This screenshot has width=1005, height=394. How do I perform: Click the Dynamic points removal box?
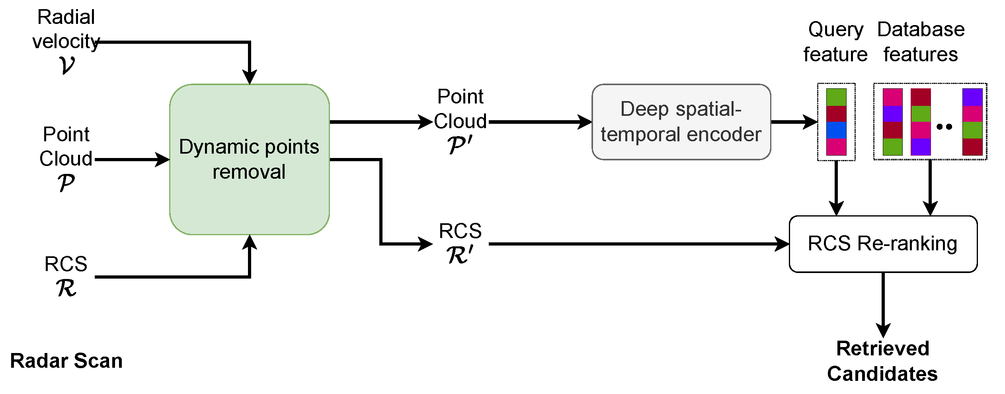(x=249, y=159)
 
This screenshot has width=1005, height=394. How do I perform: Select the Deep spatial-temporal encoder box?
(x=681, y=122)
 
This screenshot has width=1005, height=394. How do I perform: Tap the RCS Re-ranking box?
(x=883, y=244)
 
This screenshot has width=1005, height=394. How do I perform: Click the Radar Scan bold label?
(x=66, y=361)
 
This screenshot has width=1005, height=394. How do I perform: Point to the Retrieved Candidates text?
(x=882, y=361)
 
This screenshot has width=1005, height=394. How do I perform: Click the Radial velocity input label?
(x=66, y=29)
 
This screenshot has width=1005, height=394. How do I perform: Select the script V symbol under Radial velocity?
(x=66, y=65)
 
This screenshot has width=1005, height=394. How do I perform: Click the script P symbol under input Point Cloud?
(x=66, y=183)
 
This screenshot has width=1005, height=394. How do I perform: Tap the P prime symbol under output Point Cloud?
(x=460, y=145)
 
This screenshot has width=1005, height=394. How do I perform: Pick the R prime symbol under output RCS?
(x=460, y=255)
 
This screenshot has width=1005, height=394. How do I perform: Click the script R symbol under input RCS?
(x=66, y=288)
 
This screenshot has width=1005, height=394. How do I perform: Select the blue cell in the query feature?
(x=836, y=130)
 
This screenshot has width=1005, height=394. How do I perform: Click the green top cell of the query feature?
(x=836, y=97)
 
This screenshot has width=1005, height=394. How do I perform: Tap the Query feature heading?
(x=835, y=42)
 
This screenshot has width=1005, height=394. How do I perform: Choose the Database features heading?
(x=921, y=42)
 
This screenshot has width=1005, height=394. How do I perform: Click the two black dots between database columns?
(x=944, y=127)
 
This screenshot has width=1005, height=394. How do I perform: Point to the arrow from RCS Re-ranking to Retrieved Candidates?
(x=883, y=304)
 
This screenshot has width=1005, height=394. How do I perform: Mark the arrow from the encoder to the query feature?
(x=794, y=122)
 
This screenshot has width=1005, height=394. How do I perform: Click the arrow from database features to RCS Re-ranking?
(x=930, y=187)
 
